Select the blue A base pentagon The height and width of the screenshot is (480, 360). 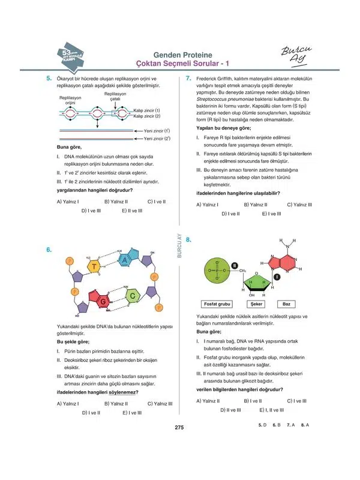pyautogui.click(x=124, y=260)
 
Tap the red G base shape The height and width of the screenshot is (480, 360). pyautogui.click(x=104, y=299)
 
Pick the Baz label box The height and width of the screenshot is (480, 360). pyautogui.click(x=287, y=304)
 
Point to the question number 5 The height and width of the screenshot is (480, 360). pyautogui.click(x=49, y=78)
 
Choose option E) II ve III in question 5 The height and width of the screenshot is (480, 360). pyautogui.click(x=131, y=211)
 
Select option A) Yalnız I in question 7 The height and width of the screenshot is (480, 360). pyautogui.click(x=207, y=205)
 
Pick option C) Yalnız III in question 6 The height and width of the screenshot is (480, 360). pyautogui.click(x=160, y=404)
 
